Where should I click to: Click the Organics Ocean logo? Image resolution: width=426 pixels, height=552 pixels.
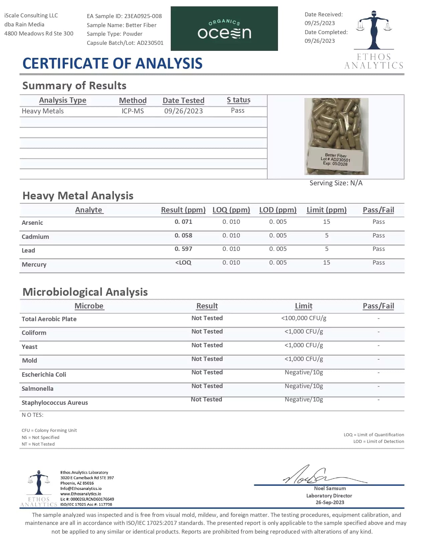224,29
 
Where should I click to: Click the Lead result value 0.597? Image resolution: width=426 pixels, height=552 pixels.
183,249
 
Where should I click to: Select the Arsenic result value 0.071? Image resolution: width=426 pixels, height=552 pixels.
183,222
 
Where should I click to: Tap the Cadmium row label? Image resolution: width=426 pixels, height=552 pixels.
35,237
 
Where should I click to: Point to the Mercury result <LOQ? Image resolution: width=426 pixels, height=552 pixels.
183,263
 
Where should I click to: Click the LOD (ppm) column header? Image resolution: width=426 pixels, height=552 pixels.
278,210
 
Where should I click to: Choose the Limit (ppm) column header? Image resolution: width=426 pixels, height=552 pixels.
326,210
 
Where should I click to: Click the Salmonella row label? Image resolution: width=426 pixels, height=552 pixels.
37,389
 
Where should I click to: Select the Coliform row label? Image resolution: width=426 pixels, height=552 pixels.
34,333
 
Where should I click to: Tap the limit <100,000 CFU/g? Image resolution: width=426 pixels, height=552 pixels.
304,318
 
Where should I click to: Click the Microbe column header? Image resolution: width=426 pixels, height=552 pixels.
89,306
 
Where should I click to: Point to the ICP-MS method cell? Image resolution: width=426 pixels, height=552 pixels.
133,111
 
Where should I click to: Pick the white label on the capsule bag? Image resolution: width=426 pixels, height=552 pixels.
336,159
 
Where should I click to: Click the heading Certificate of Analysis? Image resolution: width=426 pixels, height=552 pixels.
112,64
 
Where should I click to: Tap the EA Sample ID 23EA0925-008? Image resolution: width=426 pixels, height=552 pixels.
143,16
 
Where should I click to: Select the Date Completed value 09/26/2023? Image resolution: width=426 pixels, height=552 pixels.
320,41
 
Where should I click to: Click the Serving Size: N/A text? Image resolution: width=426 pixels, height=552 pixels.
336,183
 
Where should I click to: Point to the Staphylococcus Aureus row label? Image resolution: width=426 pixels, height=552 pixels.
55,403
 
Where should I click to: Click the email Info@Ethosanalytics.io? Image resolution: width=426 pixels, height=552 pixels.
81,488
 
